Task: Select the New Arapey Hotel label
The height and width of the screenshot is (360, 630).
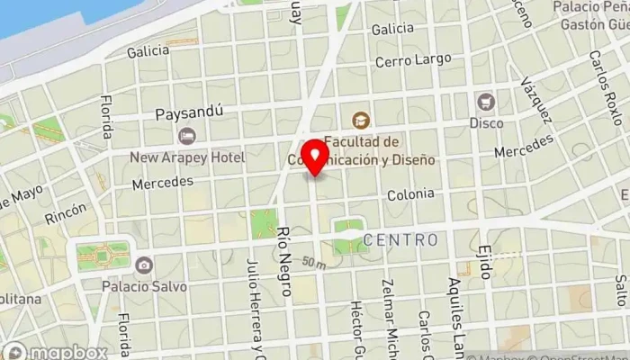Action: (187, 157)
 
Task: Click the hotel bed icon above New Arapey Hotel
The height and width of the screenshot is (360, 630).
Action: (187, 136)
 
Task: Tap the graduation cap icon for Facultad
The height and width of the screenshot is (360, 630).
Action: (361, 120)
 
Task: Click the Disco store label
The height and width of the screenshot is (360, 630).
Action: (486, 122)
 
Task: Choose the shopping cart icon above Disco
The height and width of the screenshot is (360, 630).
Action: (486, 101)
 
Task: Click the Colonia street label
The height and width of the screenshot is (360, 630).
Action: (410, 194)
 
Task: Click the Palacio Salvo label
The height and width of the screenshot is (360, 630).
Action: (145, 287)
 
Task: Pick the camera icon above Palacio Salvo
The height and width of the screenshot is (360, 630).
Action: (144, 265)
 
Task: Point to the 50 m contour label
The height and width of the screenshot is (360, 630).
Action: (313, 263)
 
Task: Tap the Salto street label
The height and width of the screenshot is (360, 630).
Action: (620, 291)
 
